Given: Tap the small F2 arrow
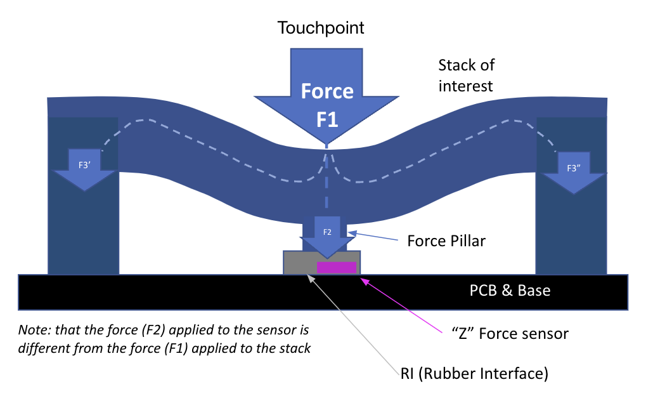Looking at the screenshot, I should tap(327, 235).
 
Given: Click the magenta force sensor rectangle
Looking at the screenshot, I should tap(336, 268).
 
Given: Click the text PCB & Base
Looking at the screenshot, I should tap(510, 291).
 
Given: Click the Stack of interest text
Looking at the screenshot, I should tap(466, 75).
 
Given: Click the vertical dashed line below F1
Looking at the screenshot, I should tap(327, 184).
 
